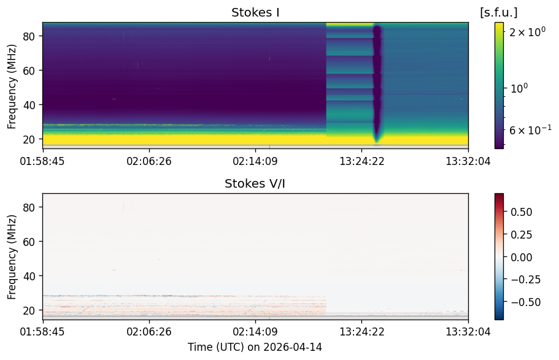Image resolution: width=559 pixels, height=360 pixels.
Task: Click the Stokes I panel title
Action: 255,12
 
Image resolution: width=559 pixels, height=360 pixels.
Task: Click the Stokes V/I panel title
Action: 255,183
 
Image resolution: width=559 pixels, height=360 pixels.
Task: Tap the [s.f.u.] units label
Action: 498,12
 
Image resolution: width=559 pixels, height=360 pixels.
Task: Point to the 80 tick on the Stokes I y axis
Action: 28,36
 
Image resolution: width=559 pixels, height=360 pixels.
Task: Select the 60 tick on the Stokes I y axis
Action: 28,71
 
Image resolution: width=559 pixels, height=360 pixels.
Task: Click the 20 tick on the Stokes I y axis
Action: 28,139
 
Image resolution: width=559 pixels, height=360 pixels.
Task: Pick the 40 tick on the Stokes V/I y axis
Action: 28,276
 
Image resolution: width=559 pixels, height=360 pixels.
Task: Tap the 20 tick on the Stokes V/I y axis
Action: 28,310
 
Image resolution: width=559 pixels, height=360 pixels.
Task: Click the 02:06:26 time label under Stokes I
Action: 149,161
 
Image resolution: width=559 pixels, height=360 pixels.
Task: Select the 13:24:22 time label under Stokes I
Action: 362,161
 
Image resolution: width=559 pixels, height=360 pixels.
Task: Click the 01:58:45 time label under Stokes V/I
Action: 42,332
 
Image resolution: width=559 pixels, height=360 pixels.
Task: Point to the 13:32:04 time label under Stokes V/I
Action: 468,332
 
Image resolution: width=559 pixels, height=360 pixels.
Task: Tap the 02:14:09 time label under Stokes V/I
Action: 255,332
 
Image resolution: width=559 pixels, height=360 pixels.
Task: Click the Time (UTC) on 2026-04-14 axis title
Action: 255,347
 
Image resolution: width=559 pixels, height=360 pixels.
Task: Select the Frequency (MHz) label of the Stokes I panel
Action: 12,86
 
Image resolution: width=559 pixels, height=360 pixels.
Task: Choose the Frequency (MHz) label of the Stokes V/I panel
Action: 12,257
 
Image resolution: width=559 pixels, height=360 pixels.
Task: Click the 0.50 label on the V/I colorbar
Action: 521,212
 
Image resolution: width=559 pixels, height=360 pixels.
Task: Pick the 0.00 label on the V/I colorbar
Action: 521,258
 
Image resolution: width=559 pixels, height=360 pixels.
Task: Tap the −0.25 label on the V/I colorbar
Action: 525,280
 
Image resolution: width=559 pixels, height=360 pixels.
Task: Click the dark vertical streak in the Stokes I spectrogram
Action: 377,84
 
